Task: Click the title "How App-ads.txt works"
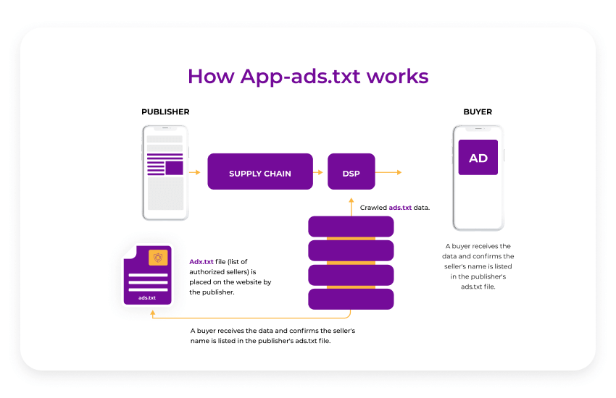[308, 76]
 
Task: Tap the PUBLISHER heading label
[165, 112]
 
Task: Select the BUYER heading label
[478, 112]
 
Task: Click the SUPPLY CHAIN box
[260, 172]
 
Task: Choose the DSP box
[351, 172]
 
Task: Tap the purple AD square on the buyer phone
[478, 158]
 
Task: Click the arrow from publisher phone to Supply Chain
[194, 172]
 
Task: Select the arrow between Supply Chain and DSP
[318, 172]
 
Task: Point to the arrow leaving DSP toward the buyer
[388, 172]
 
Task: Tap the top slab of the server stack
[351, 226]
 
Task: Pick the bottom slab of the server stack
[351, 299]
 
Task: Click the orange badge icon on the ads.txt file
[158, 257]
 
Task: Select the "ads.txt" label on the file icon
[148, 297]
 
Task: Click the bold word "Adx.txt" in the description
[201, 261]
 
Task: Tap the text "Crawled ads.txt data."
[395, 208]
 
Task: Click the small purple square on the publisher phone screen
[174, 168]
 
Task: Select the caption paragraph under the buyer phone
[478, 266]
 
